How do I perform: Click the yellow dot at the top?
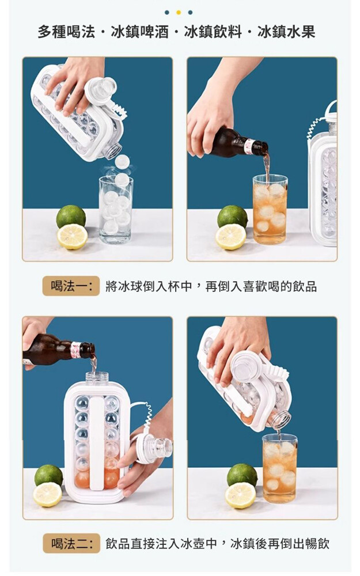point(179,13)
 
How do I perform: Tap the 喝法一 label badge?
point(71,286)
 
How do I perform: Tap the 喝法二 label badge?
point(71,543)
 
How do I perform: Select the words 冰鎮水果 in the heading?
point(286,32)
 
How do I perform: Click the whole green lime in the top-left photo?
point(71,217)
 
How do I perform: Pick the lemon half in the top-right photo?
point(231,237)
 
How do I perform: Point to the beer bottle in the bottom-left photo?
point(59,350)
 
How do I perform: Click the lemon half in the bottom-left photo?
point(48,494)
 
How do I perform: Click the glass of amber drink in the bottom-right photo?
point(280,468)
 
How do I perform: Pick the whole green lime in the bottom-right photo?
point(242,475)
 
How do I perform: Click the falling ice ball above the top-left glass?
point(122,161)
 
